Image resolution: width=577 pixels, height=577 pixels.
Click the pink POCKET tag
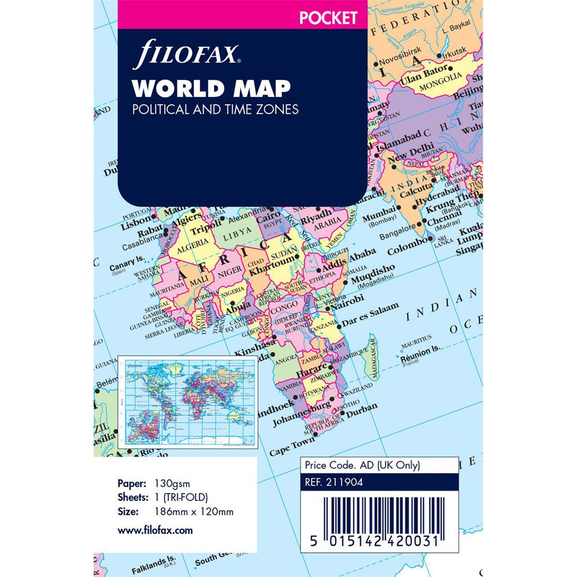point(327,18)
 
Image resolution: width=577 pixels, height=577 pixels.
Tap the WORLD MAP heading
point(211,88)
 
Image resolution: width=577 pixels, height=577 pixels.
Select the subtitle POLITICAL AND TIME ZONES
point(215,109)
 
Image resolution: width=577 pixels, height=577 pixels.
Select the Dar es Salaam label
point(370,313)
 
